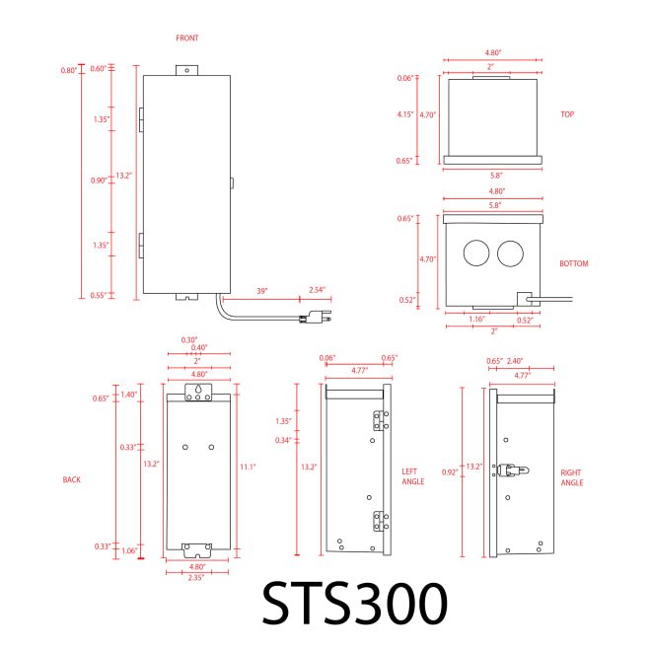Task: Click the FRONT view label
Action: point(186,37)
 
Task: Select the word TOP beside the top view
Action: point(567,114)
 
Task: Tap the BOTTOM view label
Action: point(574,265)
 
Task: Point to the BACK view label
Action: point(71,479)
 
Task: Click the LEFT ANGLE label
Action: point(414,475)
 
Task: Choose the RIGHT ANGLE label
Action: point(571,478)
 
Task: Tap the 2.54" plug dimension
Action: point(317,290)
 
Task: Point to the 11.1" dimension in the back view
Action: point(249,465)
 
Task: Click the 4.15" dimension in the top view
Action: point(403,115)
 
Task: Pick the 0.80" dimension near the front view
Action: point(68,70)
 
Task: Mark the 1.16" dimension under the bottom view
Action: point(477,320)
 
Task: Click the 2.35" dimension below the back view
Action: point(198,578)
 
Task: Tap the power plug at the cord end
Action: point(318,318)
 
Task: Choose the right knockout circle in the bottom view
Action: point(510,253)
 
